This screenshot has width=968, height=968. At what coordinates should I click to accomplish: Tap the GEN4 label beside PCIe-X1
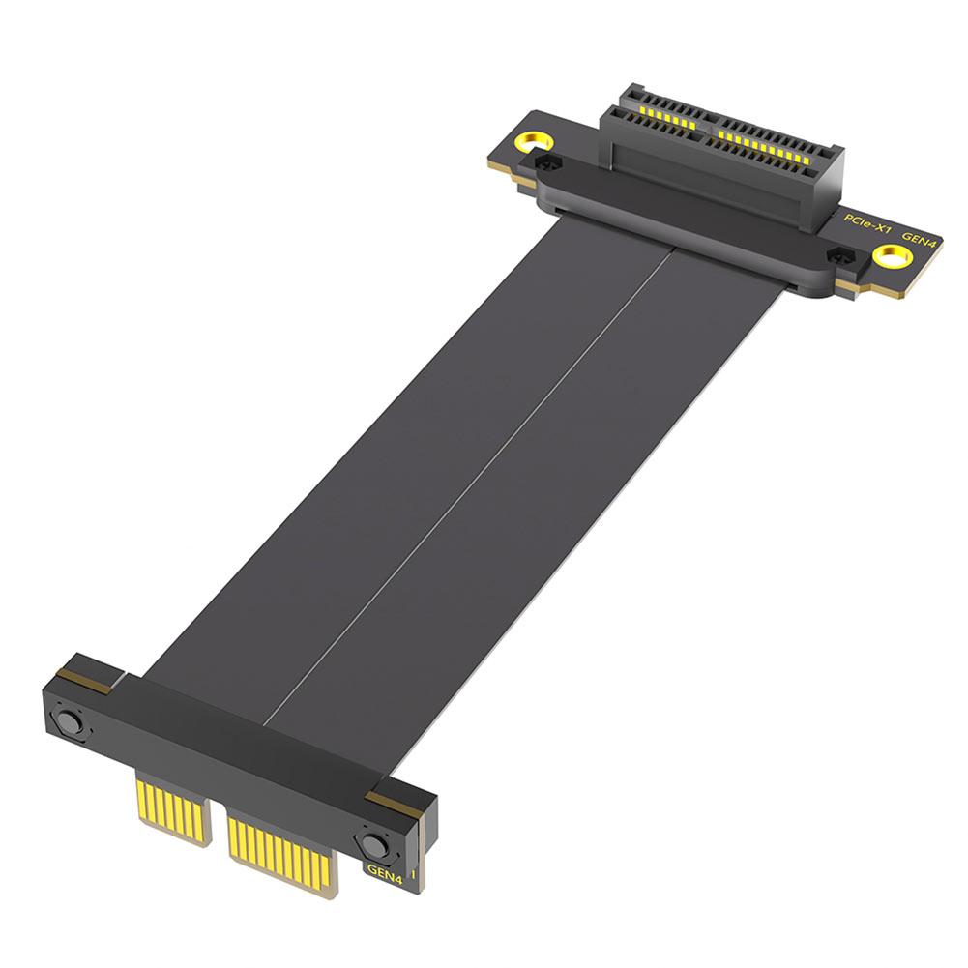[919, 237]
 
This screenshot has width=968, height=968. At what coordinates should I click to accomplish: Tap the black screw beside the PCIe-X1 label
[840, 255]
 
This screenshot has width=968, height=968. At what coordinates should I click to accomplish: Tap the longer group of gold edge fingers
[281, 849]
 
